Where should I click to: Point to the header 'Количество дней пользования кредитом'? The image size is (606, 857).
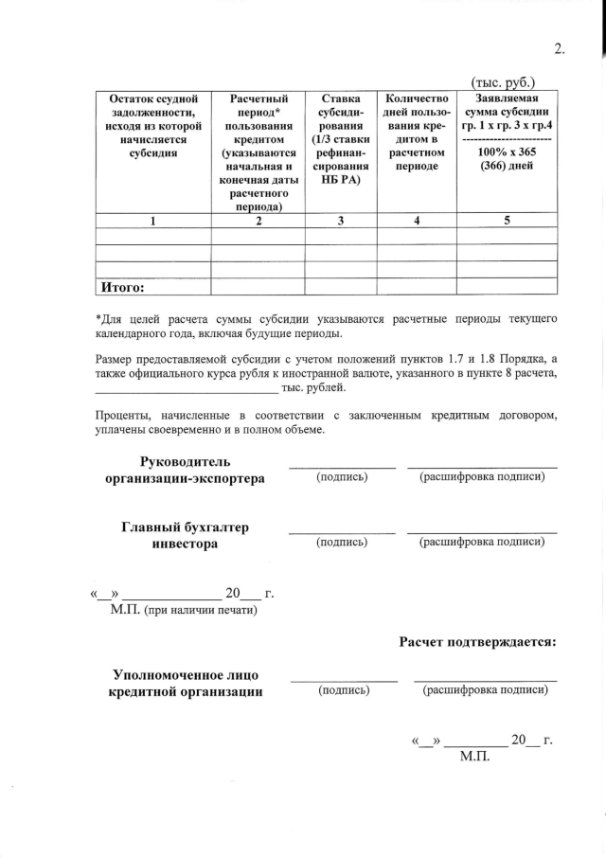click(x=418, y=132)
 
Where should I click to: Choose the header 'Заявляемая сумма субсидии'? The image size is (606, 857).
click(x=507, y=112)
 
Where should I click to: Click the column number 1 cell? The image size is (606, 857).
click(x=152, y=221)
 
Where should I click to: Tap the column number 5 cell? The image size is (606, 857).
click(x=507, y=221)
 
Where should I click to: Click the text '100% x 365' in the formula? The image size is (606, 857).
click(x=507, y=152)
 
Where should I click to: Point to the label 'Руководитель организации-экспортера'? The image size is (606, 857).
click(x=185, y=470)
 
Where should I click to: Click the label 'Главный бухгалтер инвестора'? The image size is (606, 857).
click(x=185, y=535)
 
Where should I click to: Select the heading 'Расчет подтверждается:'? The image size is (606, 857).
click(x=477, y=641)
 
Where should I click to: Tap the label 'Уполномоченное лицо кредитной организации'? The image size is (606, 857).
click(x=186, y=683)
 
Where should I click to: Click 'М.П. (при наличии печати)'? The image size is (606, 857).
click(x=184, y=611)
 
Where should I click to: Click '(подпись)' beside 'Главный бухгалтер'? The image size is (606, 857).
click(x=342, y=543)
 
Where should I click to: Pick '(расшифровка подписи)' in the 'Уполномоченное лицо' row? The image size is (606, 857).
click(x=486, y=690)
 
